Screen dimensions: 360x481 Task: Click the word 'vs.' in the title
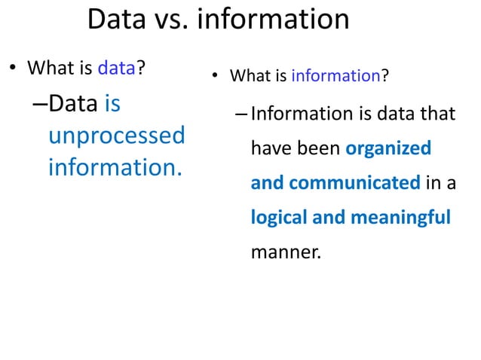click(170, 20)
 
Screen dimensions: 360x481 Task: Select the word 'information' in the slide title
click(272, 20)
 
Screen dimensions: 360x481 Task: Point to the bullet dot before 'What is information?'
click(214, 77)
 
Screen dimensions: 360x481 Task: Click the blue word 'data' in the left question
click(116, 69)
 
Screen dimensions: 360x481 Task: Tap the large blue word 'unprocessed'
click(116, 136)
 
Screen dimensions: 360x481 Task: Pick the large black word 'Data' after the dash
click(73, 104)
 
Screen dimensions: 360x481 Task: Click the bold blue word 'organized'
click(388, 148)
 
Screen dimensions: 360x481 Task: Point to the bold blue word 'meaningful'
click(399, 218)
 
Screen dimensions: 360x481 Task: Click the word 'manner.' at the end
click(285, 252)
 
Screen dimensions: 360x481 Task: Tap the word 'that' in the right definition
click(437, 114)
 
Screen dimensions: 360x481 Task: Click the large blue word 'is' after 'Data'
click(112, 104)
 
